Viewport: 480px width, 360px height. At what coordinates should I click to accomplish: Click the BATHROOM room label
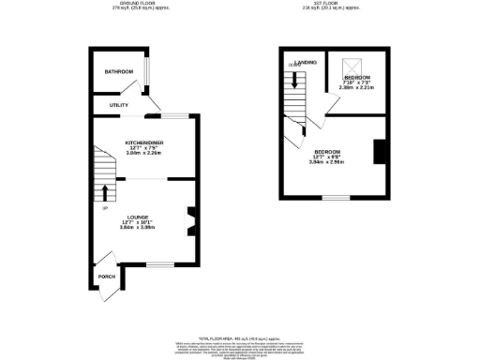tap(119, 72)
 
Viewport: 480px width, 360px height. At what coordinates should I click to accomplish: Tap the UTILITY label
tap(119, 105)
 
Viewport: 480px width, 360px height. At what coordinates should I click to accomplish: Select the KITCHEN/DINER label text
tap(145, 142)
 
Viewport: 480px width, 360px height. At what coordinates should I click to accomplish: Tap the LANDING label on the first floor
tap(306, 63)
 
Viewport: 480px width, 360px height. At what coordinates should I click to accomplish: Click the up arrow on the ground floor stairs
tap(104, 194)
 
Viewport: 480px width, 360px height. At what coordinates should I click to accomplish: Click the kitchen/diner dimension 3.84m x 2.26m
tap(145, 153)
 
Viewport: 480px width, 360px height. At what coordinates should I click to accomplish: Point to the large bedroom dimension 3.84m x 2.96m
tap(327, 162)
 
